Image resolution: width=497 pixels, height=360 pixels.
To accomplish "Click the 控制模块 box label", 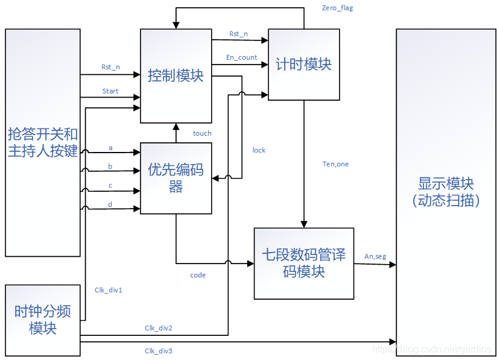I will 176,75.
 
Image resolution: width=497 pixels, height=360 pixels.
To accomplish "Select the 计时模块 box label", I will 303,64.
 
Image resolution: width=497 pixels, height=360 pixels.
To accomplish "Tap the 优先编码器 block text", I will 176,178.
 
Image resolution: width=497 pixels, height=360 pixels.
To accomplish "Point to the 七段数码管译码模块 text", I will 303,263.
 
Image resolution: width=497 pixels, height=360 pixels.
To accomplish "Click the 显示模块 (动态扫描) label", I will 446,192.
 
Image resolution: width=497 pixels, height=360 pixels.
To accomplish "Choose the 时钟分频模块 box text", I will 43,320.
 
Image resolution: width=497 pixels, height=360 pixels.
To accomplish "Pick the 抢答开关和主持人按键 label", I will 43,142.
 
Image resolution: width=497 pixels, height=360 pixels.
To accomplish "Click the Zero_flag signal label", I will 338,8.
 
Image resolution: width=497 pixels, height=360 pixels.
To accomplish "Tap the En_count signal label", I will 241,57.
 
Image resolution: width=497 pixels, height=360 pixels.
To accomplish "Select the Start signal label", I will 110,91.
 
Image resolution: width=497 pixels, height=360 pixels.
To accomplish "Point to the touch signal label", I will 202,133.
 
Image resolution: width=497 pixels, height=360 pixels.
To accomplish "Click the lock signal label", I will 259,150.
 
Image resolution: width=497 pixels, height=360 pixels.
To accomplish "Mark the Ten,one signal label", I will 335,164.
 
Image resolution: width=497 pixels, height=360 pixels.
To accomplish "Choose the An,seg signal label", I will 375,256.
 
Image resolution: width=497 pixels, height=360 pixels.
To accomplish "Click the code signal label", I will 198,275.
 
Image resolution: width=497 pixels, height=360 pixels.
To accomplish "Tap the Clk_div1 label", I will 109,290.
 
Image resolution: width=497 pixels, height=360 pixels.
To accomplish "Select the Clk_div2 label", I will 159,328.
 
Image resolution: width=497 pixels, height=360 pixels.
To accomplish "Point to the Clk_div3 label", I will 159,350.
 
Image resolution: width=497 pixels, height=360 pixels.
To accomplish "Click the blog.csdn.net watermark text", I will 432,349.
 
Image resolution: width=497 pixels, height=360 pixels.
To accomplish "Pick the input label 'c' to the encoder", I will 110,185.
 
